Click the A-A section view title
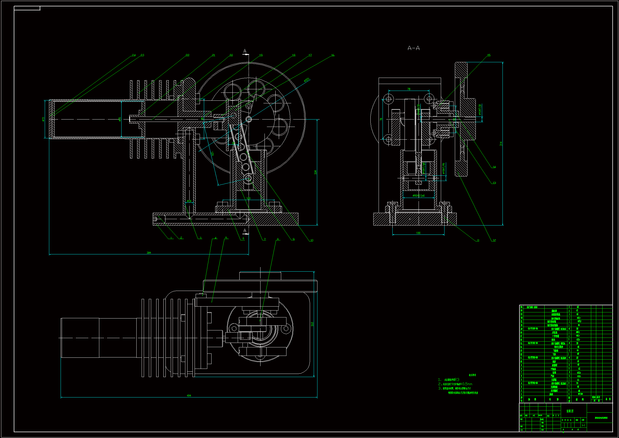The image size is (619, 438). (x=414, y=48)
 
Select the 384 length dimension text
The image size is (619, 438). (x=149, y=253)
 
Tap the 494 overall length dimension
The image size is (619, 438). (x=189, y=396)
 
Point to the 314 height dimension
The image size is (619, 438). (x=501, y=144)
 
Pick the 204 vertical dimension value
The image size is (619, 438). (x=315, y=172)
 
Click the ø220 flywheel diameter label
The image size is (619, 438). (x=307, y=80)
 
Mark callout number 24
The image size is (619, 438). (x=134, y=55)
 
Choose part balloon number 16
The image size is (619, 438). (x=333, y=55)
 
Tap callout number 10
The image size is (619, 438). (x=312, y=240)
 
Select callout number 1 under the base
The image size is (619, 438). (x=171, y=238)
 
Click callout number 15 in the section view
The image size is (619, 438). (x=489, y=55)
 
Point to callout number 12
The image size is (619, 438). (x=494, y=240)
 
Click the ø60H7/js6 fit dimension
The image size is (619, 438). (x=418, y=196)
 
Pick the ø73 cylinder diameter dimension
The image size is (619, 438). (x=43, y=119)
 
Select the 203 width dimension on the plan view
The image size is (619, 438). (x=312, y=324)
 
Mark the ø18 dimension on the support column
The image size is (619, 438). (x=189, y=201)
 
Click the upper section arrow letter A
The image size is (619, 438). (x=245, y=51)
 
